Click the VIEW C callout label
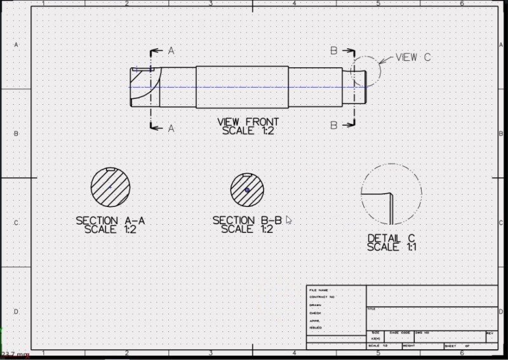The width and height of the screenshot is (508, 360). click(x=413, y=58)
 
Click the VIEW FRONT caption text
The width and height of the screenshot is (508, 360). click(x=248, y=122)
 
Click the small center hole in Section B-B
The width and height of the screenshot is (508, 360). click(x=247, y=190)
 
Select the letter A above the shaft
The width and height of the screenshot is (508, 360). click(x=171, y=51)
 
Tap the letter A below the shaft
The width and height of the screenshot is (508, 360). click(x=171, y=128)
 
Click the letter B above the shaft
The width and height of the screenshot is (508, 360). click(x=333, y=51)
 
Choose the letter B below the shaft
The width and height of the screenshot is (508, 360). click(x=333, y=126)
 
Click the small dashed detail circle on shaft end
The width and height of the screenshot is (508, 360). click(x=365, y=70)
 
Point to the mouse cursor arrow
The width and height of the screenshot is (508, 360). click(x=289, y=220)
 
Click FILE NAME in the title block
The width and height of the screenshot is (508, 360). click(x=319, y=290)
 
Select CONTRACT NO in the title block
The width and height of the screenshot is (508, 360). click(x=321, y=297)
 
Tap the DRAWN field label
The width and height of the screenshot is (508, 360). click(x=315, y=305)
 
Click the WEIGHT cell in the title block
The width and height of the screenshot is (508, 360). click(x=409, y=346)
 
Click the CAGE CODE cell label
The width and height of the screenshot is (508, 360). click(x=400, y=333)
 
